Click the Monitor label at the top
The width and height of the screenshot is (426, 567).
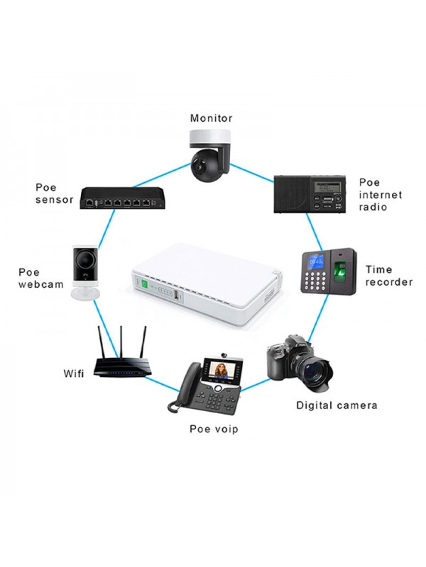[212, 118]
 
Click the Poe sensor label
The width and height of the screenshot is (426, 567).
[54, 193]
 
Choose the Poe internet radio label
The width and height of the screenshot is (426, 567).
[381, 194]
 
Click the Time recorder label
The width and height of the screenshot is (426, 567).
[388, 276]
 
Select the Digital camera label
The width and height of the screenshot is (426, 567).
[336, 405]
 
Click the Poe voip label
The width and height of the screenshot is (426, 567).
[213, 429]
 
